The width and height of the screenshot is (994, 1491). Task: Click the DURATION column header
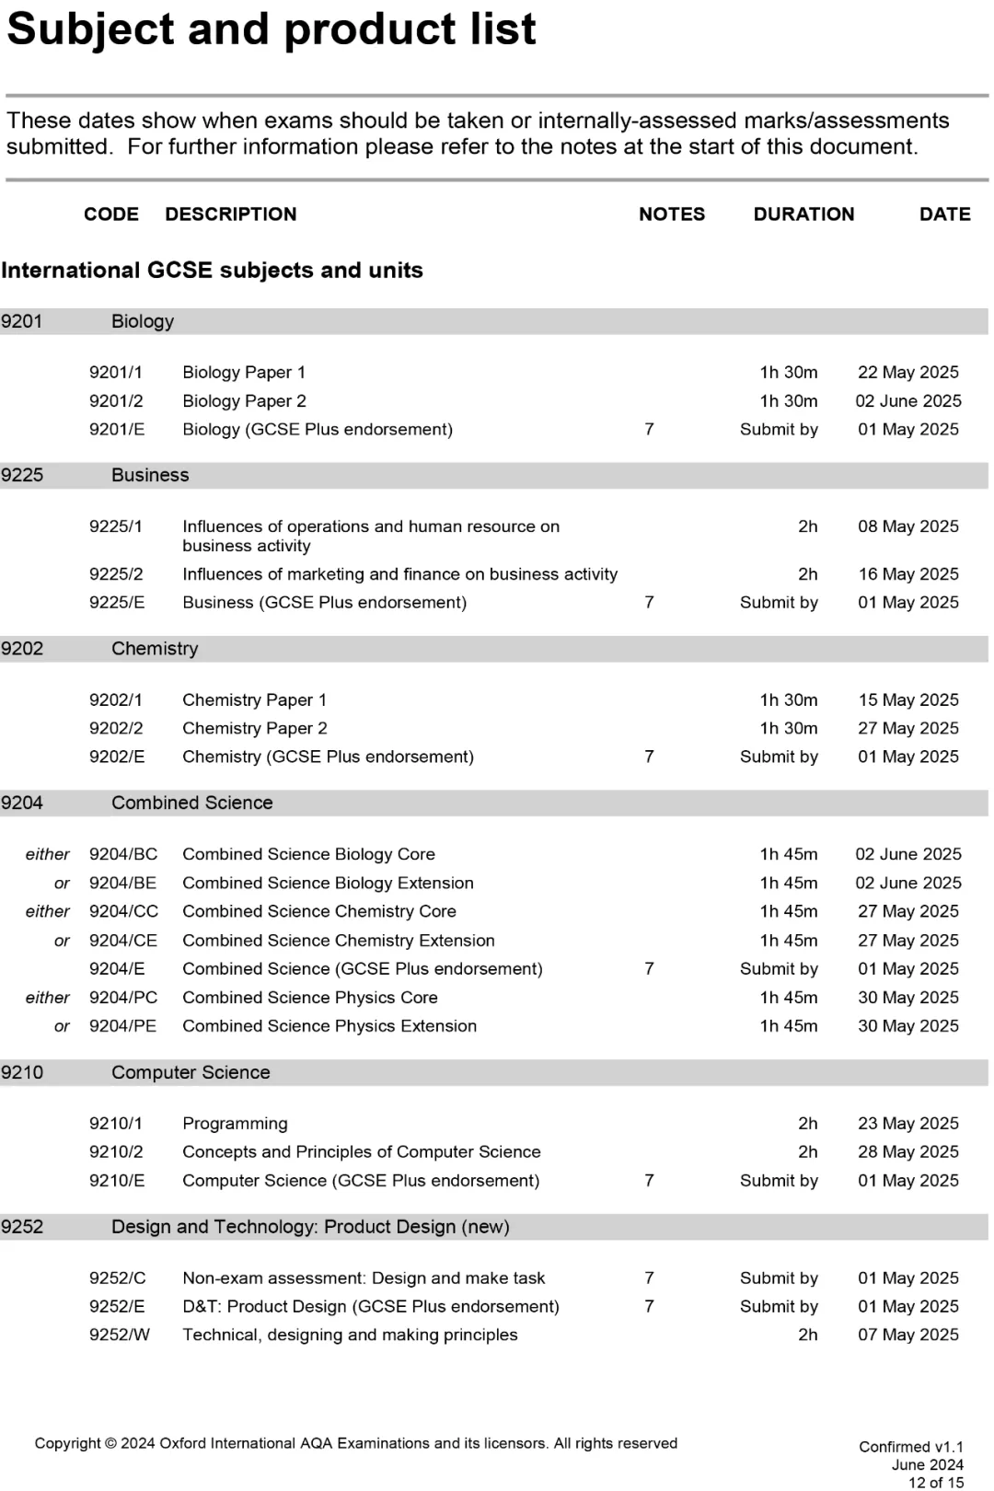pyautogui.click(x=803, y=214)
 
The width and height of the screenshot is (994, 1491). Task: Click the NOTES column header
pyautogui.click(x=672, y=214)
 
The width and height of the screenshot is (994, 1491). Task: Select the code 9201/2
pyautogui.click(x=116, y=401)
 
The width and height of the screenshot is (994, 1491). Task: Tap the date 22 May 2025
pyautogui.click(x=907, y=373)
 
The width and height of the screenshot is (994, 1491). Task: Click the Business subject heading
pyautogui.click(x=150, y=476)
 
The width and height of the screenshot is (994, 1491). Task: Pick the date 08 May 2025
pyautogui.click(x=907, y=526)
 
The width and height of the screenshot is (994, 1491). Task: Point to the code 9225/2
pyautogui.click(x=116, y=574)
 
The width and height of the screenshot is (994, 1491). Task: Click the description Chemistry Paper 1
pyautogui.click(x=254, y=700)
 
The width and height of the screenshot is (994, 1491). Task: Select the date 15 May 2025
pyautogui.click(x=907, y=700)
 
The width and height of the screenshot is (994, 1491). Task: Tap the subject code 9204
pyautogui.click(x=22, y=803)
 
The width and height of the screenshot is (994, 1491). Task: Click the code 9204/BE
pyautogui.click(x=122, y=884)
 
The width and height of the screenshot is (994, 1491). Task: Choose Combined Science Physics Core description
pyautogui.click(x=310, y=998)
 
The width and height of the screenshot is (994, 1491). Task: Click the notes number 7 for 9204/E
pyautogui.click(x=649, y=969)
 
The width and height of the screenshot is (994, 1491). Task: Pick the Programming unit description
pyautogui.click(x=235, y=1124)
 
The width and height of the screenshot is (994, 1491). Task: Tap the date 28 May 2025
pyautogui.click(x=907, y=1152)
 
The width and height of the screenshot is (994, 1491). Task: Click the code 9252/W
pyautogui.click(x=119, y=1335)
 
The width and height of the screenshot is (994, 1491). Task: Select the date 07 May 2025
pyautogui.click(x=907, y=1335)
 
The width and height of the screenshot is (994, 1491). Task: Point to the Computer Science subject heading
pyautogui.click(x=191, y=1073)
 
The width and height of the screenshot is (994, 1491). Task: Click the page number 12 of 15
pyautogui.click(x=935, y=1483)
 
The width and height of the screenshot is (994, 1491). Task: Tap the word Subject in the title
pyautogui.click(x=90, y=29)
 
